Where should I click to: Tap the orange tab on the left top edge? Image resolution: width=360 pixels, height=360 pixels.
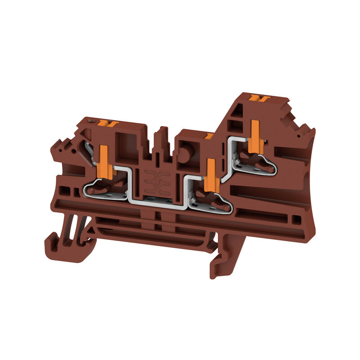[108, 123]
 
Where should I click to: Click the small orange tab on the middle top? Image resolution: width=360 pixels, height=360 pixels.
[208, 135]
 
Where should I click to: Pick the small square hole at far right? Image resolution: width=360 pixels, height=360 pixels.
[297, 219]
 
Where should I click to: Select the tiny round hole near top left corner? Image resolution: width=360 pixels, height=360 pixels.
[92, 121]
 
